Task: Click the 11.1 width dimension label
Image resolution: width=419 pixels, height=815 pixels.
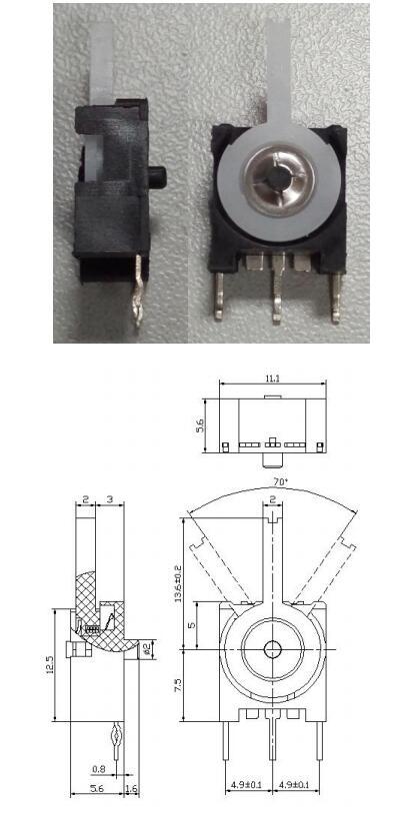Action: (272, 379)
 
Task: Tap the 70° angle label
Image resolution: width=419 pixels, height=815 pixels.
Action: (280, 481)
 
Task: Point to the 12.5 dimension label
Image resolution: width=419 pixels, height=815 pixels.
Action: (50, 665)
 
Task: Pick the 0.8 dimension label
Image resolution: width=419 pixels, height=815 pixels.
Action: (98, 769)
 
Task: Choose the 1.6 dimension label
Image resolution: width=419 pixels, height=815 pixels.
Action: (132, 789)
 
